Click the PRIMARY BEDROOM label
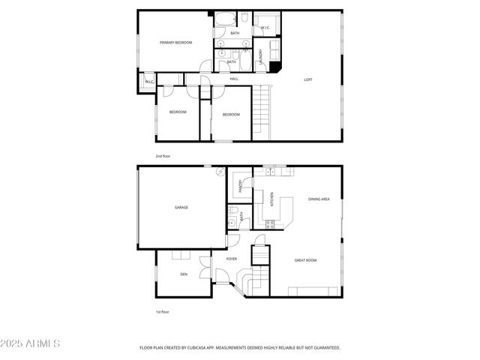176,43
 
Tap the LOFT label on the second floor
307,79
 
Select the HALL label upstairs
234,79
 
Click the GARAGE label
181,207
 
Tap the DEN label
184,274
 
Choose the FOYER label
232,259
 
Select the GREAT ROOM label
305,260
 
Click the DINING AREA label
319,199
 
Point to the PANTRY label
241,186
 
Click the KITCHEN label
271,201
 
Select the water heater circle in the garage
220,172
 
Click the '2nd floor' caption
163,156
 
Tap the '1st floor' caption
163,311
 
